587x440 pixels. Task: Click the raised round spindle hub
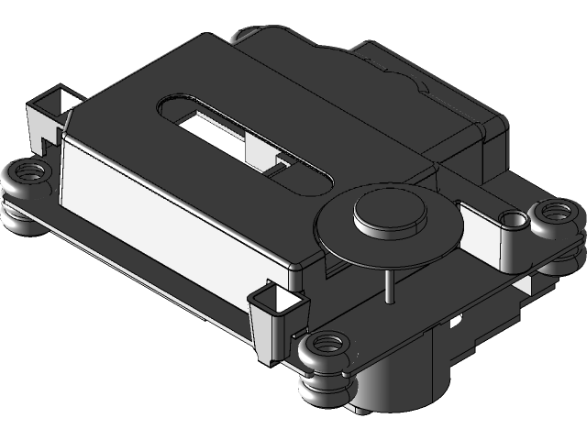[390, 212]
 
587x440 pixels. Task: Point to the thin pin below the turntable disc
[390, 285]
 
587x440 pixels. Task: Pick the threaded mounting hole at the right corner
[554, 213]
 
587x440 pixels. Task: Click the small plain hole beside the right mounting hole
[512, 219]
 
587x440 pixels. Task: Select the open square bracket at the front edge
[278, 299]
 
